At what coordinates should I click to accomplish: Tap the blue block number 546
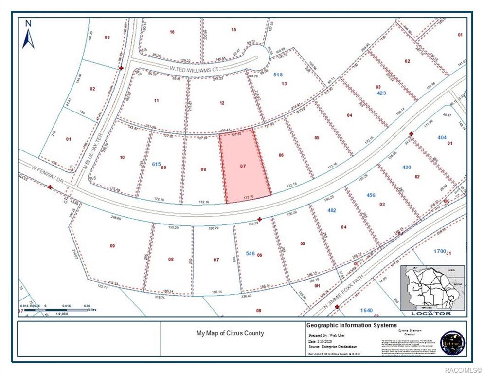tap(250, 253)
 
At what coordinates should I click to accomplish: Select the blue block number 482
tap(332, 210)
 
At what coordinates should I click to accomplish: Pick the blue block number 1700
tap(439, 251)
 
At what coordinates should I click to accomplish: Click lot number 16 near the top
tap(172, 32)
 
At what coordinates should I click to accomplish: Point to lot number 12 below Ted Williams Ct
tap(222, 103)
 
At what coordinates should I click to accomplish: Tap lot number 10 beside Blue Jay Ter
tap(122, 157)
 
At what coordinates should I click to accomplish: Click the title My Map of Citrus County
tap(230, 333)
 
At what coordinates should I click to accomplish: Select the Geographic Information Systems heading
tap(351, 325)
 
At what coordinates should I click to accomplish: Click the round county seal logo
tap(452, 343)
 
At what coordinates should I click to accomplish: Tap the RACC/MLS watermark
tap(466, 369)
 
